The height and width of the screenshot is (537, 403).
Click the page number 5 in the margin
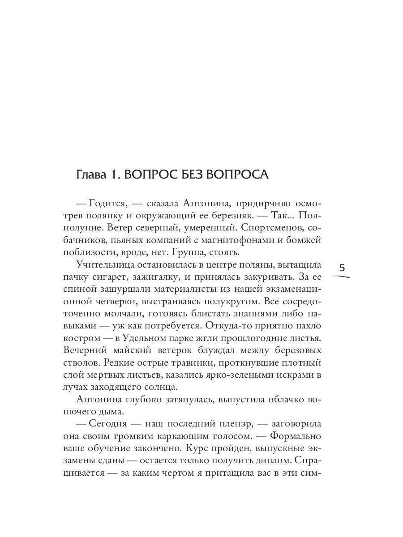[342, 268]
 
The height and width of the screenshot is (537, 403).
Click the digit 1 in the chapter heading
[114, 175]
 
